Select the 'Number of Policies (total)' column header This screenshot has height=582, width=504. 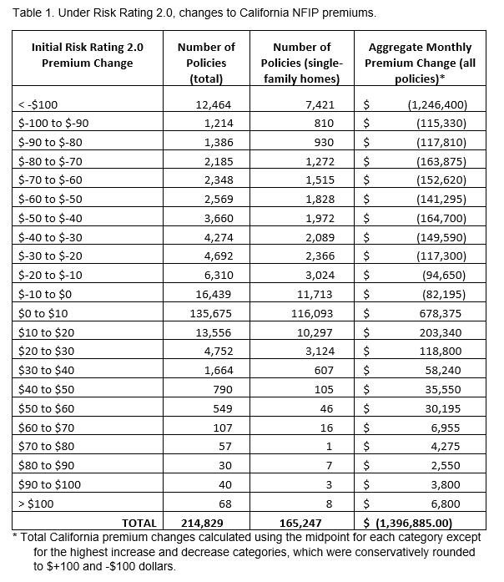(206, 63)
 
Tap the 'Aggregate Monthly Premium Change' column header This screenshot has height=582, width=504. (420, 63)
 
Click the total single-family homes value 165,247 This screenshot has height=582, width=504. (305, 523)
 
